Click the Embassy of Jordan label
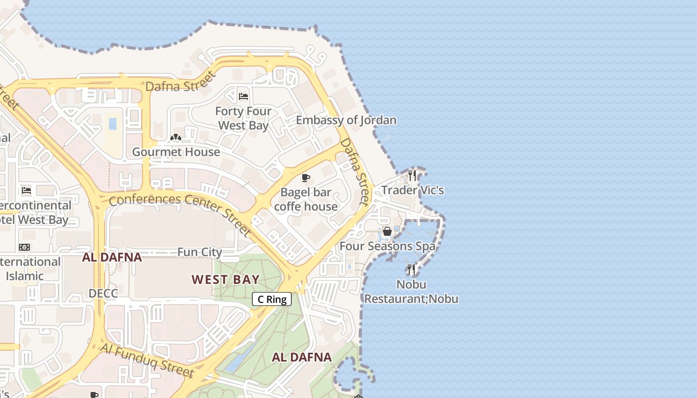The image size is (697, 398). point(346,120)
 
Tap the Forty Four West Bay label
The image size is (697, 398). point(243,118)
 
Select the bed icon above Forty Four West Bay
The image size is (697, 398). point(243,96)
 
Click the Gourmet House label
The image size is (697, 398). point(176,152)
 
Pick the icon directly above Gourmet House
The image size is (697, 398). point(175,137)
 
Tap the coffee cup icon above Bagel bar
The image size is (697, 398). point(306,178)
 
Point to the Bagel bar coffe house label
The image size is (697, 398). point(306,199)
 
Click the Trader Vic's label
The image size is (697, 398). point(412,190)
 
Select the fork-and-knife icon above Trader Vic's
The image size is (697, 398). point(412,175)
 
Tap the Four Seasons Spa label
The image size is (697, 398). point(387,246)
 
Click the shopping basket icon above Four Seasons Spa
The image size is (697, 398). point(387,231)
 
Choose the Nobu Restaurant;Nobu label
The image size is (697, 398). point(411,292)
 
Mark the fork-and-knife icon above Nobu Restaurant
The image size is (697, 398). point(411,270)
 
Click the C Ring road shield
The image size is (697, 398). point(272,299)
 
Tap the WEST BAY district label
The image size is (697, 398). point(226,280)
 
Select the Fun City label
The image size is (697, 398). point(200,252)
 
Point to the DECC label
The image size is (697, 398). point(103,294)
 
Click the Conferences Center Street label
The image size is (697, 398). point(180,214)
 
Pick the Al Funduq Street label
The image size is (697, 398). point(147,360)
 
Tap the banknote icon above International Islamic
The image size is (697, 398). point(24,247)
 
